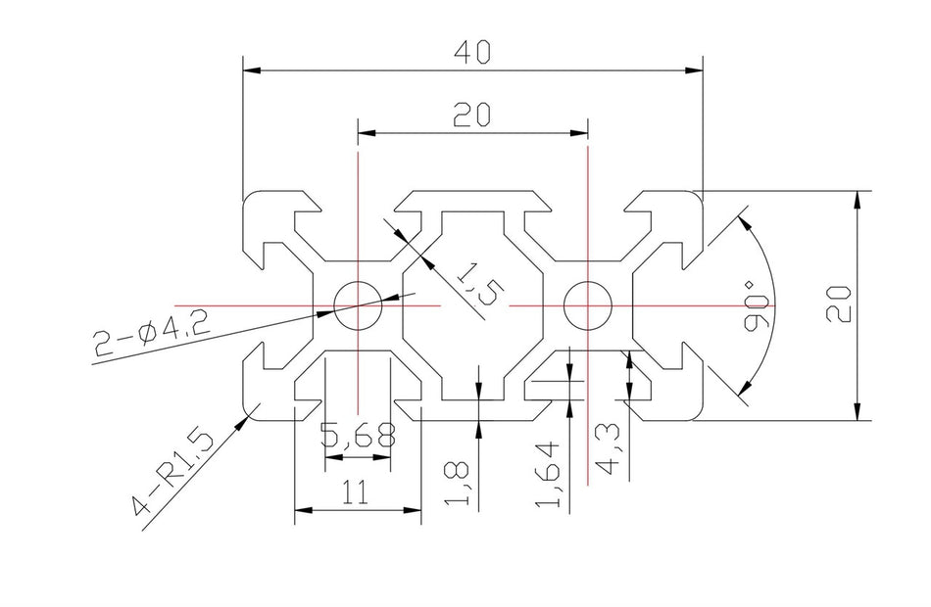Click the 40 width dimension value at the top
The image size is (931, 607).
(x=473, y=51)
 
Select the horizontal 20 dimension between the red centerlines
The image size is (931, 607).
(x=473, y=116)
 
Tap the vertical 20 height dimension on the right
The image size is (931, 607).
(x=838, y=304)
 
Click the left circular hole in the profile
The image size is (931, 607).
(x=359, y=305)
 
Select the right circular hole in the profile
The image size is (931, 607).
(x=587, y=305)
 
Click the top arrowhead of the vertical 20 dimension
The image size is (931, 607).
(x=857, y=199)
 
